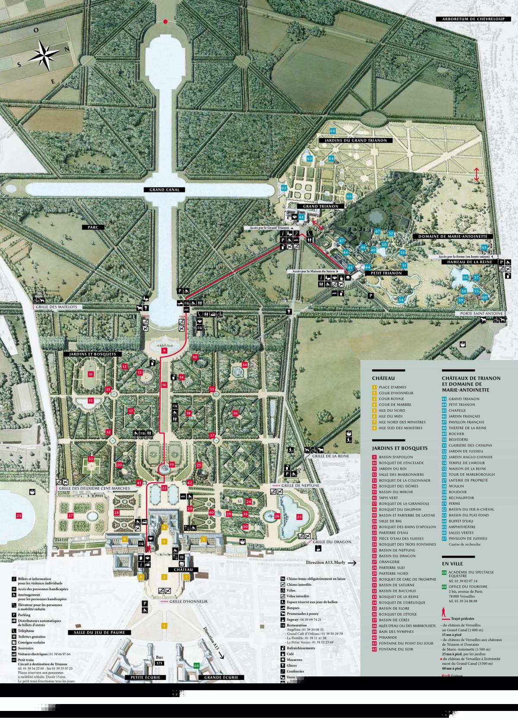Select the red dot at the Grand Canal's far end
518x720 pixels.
click(x=165, y=21)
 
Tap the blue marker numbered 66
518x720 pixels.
click(x=332, y=131)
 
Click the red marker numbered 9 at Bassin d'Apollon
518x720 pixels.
click(x=164, y=351)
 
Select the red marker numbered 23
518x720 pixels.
click(x=19, y=516)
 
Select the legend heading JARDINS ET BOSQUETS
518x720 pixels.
click(x=399, y=448)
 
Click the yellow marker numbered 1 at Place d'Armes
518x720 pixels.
click(x=164, y=625)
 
